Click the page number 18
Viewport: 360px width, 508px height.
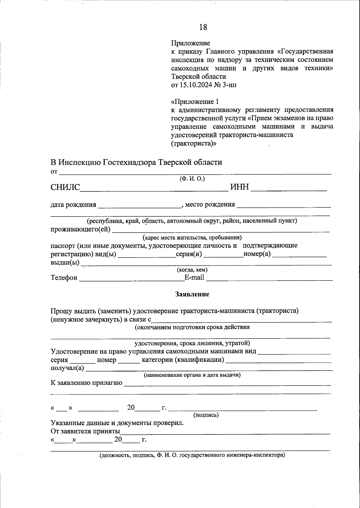(x=203, y=27)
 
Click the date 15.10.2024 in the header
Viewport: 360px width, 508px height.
(x=196, y=85)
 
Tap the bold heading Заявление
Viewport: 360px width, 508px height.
(x=192, y=294)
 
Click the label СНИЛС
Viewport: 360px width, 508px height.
(x=65, y=187)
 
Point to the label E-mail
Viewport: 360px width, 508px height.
(x=194, y=277)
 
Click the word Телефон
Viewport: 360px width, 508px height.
(x=64, y=278)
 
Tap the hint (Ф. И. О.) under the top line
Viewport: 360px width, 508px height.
(x=192, y=179)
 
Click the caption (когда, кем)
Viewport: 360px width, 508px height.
(x=192, y=270)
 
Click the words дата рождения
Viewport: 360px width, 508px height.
(x=73, y=205)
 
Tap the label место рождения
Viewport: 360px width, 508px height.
(x=210, y=205)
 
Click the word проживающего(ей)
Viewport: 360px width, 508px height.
(x=80, y=230)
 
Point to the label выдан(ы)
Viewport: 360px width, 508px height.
(x=65, y=263)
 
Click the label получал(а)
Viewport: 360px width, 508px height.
(x=67, y=368)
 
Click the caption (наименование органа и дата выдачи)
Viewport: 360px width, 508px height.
(x=192, y=375)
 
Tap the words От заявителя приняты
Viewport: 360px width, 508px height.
(x=85, y=432)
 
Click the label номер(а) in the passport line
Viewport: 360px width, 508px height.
(x=257, y=254)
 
